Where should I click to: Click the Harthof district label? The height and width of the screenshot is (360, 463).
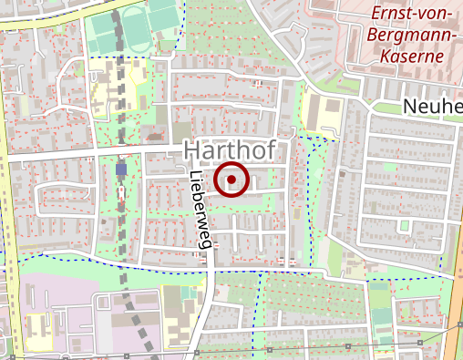(235, 150)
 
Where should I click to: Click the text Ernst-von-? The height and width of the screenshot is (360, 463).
(416, 14)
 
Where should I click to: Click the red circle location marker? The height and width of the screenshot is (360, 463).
(231, 180)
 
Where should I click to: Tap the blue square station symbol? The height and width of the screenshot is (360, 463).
(121, 169)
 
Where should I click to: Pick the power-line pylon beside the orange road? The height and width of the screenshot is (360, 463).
(420, 342)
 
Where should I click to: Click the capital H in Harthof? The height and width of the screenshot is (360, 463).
(192, 150)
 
